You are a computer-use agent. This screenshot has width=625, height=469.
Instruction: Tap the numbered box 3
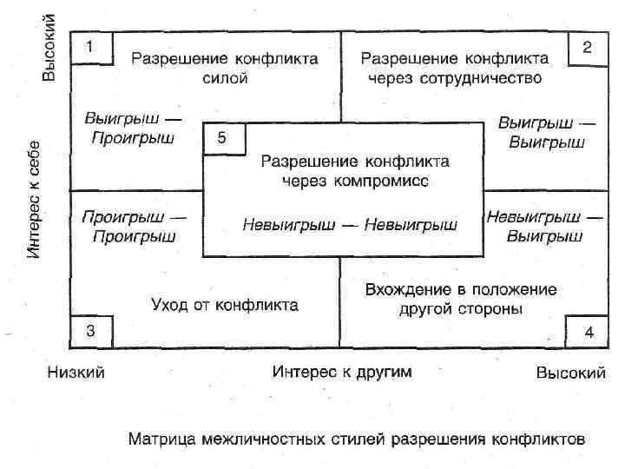click(92, 330)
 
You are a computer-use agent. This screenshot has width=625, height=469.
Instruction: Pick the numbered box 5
click(223, 138)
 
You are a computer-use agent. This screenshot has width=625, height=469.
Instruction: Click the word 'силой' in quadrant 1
click(225, 78)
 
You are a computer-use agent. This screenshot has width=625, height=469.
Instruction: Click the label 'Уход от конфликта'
click(225, 305)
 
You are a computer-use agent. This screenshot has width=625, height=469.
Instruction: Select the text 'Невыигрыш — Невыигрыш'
click(350, 225)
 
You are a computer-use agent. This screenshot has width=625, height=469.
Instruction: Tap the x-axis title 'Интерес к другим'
click(342, 373)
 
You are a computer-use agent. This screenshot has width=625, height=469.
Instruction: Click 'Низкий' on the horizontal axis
click(76, 373)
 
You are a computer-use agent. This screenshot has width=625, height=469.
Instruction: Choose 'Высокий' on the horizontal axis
click(570, 373)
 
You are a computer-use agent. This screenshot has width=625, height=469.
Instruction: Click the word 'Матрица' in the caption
click(161, 438)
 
